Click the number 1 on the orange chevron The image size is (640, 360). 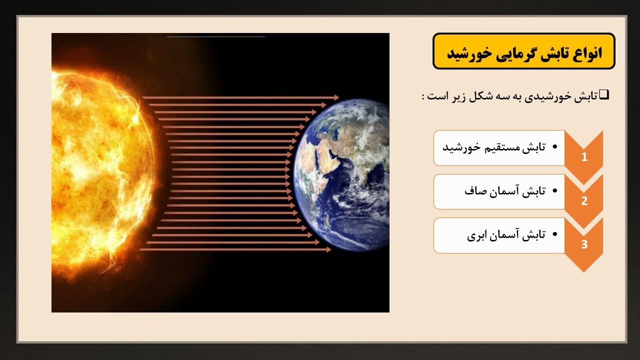584,157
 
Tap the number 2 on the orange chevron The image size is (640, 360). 584,201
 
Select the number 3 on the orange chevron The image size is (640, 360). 584,244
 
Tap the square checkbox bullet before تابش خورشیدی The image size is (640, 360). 604,94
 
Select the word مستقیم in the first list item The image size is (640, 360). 505,147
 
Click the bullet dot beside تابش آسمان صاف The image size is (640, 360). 555,190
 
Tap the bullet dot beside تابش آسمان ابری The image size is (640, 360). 555,234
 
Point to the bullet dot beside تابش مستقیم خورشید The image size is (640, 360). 555,147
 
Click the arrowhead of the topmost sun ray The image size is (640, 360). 336,97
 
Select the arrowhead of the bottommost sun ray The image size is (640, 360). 328,249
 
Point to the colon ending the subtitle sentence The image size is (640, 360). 423,97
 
